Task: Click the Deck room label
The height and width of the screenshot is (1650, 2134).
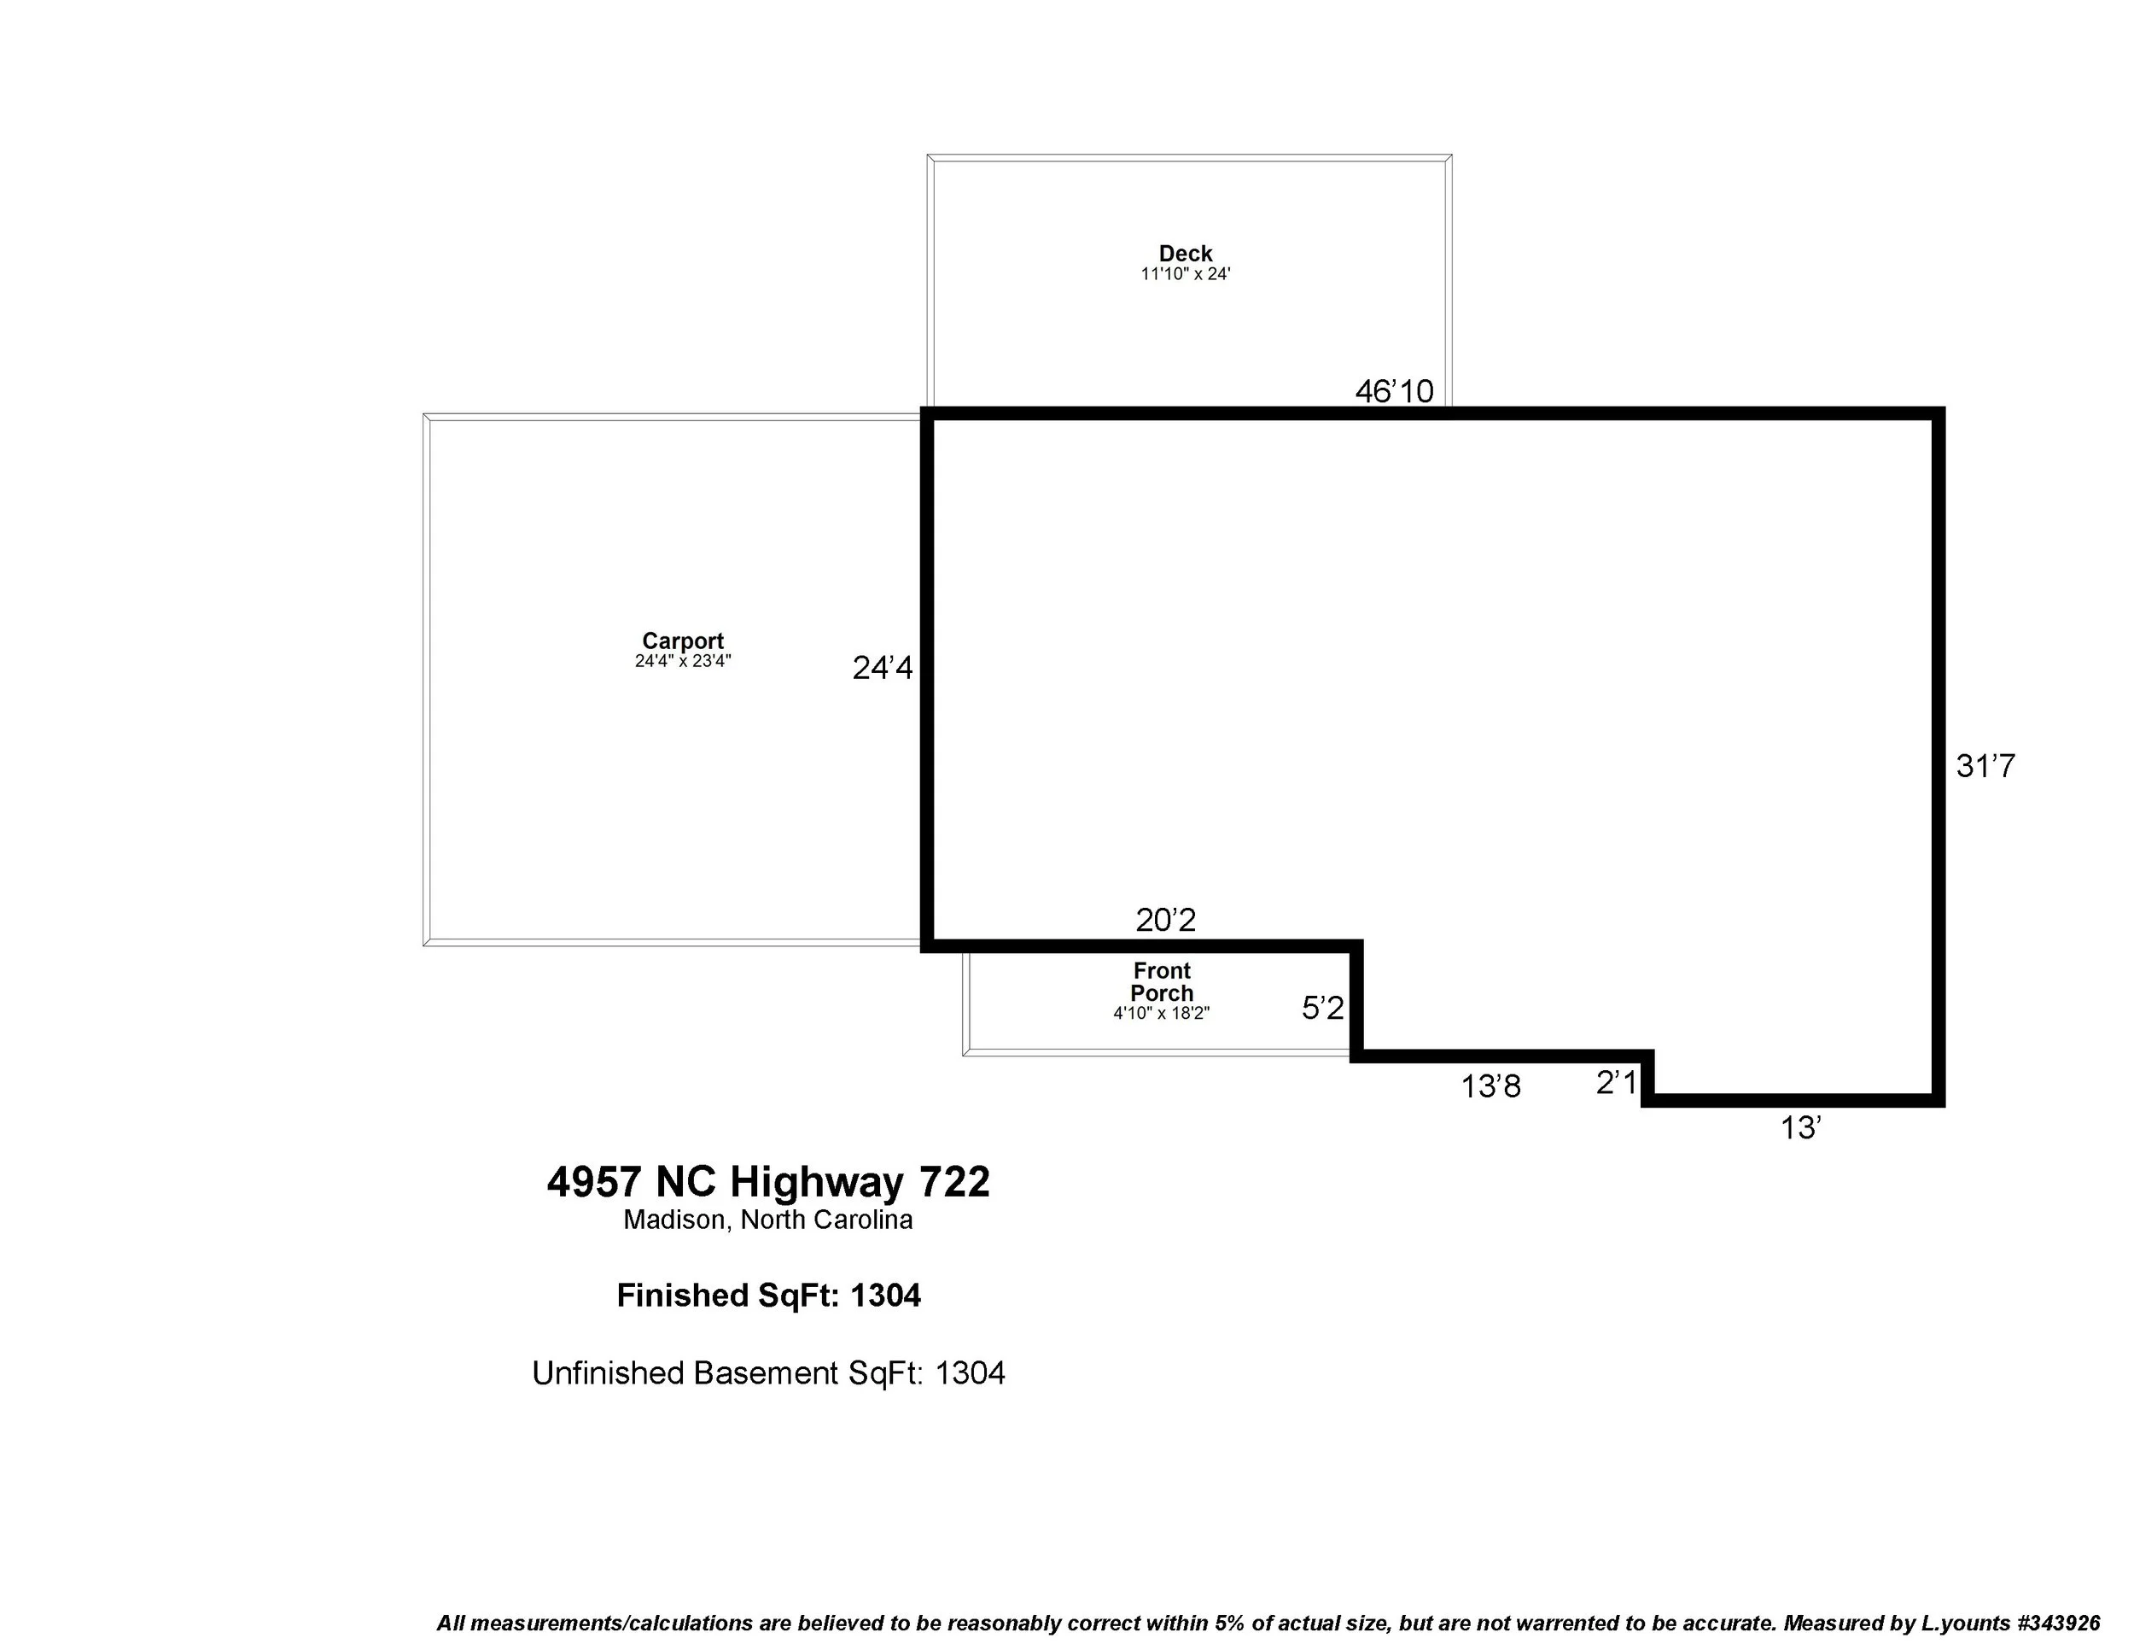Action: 1186,253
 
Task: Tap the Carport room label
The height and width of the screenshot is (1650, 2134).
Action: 682,641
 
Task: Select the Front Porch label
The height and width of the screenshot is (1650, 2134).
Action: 1161,981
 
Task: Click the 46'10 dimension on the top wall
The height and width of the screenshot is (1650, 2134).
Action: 1393,391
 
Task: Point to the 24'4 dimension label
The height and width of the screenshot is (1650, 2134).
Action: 883,668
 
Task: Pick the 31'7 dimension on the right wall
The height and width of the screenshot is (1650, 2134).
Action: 1985,765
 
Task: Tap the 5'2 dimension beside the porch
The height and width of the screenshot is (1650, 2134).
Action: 1322,1008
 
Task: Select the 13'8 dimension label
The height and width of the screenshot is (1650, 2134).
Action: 1490,1086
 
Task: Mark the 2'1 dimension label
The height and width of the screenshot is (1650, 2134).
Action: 1615,1082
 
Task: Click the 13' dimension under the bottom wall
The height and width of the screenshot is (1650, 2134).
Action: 1800,1128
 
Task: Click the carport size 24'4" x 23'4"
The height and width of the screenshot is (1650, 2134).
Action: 682,662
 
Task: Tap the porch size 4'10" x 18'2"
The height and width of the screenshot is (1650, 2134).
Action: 1161,1014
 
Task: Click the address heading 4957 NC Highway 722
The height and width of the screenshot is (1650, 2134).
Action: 768,1182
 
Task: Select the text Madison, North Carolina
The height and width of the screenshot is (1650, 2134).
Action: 768,1220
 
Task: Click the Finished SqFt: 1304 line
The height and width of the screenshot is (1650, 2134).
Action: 768,1296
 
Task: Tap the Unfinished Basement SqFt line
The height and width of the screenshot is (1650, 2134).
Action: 768,1373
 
